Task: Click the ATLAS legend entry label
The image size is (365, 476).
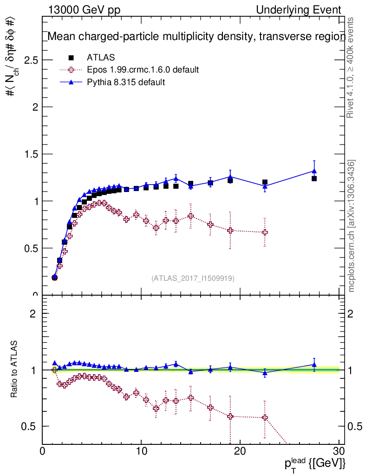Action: pos(101,58)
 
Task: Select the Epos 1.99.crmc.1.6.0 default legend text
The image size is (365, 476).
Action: pos(143,70)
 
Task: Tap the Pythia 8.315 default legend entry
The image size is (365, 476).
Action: pos(126,82)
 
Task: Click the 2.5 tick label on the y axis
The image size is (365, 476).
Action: pos(29,60)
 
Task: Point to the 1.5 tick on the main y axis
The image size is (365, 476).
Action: pos(29,154)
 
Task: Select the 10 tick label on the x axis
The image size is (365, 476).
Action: pos(141,451)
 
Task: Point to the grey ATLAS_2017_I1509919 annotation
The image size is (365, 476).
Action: pos(193,278)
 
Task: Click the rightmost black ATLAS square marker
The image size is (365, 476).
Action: pos(314,178)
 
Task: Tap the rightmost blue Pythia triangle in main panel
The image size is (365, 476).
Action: pos(314,171)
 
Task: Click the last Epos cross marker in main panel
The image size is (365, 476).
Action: pos(265,232)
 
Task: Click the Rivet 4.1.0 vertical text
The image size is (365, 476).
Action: pos(351,67)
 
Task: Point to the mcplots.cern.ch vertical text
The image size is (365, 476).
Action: pos(352,226)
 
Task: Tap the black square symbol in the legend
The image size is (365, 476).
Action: pos(71,58)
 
